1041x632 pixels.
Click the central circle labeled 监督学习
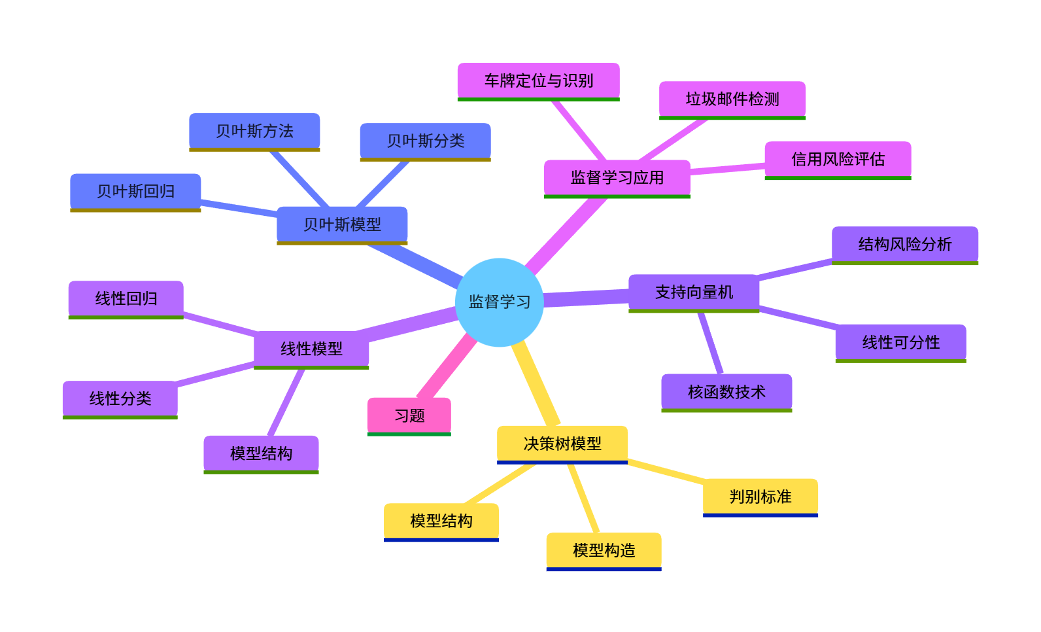[499, 302]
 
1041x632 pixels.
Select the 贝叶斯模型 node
[342, 224]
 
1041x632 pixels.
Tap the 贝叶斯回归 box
[135, 191]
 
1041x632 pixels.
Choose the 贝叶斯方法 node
[254, 131]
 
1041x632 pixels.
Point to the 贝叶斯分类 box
[425, 141]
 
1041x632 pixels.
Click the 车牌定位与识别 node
[538, 80]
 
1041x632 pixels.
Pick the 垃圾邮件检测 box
[732, 99]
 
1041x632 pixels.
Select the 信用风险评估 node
[838, 159]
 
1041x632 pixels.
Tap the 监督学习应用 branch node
[617, 177]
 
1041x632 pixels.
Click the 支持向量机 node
[694, 292]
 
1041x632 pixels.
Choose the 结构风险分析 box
[904, 244]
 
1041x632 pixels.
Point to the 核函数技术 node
[726, 392]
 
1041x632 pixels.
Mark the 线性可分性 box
[900, 342]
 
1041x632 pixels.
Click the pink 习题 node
[409, 415]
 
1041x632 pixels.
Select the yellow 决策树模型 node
[562, 444]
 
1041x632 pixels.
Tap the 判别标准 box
[760, 497]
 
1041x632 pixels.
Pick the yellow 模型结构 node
[441, 521]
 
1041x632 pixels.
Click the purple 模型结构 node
[261, 453]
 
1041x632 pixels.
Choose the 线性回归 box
[126, 298]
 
